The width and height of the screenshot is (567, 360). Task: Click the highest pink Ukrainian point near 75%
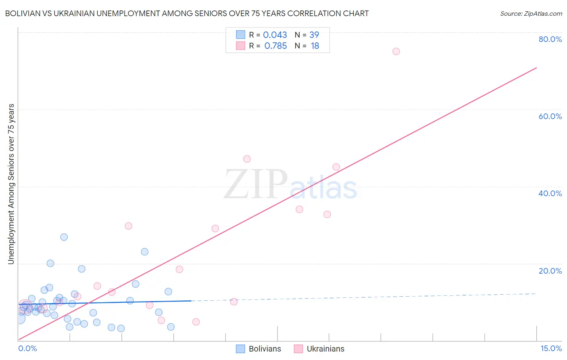coord(396,51)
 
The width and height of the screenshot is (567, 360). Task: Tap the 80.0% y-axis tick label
coord(550,39)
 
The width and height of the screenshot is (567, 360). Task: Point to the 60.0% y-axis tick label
coord(550,116)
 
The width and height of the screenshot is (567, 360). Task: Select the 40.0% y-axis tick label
coord(550,193)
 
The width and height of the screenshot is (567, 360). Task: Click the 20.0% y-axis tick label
coord(550,271)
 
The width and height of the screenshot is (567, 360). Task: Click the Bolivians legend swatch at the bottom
coord(240,349)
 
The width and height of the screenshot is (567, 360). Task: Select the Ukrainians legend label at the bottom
coord(325,349)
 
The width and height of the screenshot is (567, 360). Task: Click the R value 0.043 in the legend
coord(275,35)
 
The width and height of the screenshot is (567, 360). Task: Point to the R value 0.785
coord(275,46)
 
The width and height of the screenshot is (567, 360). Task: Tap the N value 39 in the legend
coord(314,35)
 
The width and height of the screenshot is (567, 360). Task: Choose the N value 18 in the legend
coord(315,46)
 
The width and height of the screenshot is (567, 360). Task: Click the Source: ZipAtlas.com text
coord(531,14)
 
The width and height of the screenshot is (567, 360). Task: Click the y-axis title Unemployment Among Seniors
coord(11,184)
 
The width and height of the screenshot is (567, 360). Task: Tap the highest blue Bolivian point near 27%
coord(64,237)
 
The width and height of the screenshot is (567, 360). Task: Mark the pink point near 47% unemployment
coord(247,159)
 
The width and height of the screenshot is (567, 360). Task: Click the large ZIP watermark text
coord(255,185)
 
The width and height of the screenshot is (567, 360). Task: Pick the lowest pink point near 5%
coord(196,322)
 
